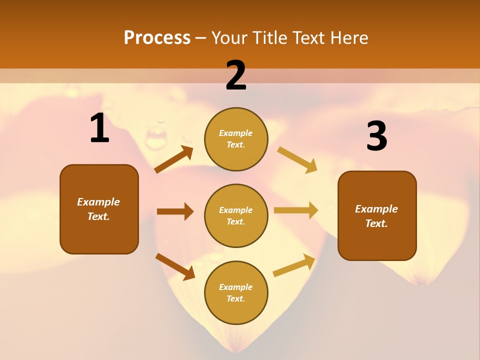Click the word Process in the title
click(157, 38)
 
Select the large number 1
click(99, 128)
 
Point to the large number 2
click(236, 75)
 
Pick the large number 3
click(376, 136)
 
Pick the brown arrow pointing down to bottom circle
click(175, 266)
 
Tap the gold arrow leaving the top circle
click(297, 159)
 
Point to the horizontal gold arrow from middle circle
click(295, 210)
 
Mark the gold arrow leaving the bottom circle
click(294, 265)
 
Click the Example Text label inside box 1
click(98, 209)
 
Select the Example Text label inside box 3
click(376, 216)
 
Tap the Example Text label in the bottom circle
click(236, 292)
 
